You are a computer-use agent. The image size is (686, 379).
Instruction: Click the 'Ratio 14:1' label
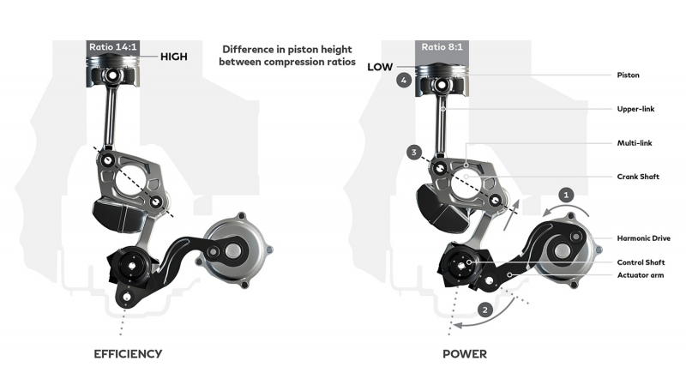113,47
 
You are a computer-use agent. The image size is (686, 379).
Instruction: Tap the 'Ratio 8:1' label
442,47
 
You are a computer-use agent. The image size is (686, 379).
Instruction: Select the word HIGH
174,57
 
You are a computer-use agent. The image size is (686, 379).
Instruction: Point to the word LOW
380,67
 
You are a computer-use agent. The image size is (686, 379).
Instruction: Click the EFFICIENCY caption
128,353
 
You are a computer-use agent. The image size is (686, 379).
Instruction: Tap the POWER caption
465,353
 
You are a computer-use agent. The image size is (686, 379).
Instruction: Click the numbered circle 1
566,195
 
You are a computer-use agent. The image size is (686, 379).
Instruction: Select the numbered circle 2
484,310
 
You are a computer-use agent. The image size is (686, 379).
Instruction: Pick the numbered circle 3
414,153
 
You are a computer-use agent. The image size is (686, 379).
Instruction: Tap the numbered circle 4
404,81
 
